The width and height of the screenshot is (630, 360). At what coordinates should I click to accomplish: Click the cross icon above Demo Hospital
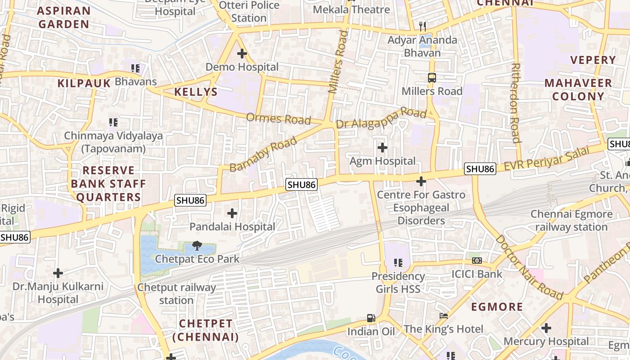pos(242,54)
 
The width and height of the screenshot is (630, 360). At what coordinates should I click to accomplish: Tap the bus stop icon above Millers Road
pos(432,78)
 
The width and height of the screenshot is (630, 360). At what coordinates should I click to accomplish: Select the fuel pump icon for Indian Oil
pos(371,318)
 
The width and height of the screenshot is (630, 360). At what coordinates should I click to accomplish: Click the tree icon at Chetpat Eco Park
pos(197,246)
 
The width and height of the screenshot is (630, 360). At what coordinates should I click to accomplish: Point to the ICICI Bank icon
pos(477,261)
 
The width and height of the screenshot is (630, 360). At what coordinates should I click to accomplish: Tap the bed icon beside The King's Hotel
pos(444,316)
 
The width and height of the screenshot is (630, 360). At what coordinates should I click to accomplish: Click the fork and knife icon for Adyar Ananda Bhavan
pos(422,27)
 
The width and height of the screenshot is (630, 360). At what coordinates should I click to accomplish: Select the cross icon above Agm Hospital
pos(382,148)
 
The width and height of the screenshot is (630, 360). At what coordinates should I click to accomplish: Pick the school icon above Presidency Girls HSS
pos(398,262)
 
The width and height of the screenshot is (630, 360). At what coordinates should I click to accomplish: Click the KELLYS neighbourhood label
pos(196,92)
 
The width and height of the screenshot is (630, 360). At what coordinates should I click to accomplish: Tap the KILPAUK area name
pos(84,83)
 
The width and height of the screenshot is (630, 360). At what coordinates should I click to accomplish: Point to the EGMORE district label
pos(497,307)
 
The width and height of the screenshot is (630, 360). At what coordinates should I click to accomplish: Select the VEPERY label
pos(593,60)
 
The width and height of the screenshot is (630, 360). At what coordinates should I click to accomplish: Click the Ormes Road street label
pos(279,119)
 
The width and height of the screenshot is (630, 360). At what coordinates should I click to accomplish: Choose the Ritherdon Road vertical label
pos(516,103)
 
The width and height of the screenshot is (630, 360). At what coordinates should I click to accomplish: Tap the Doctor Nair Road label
pos(529,267)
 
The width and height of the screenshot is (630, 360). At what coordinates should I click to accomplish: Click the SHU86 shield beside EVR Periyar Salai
pos(480,169)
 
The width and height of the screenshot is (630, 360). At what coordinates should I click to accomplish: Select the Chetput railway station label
pos(176,294)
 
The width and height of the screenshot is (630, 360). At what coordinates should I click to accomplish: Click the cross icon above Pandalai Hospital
pos(232,213)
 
